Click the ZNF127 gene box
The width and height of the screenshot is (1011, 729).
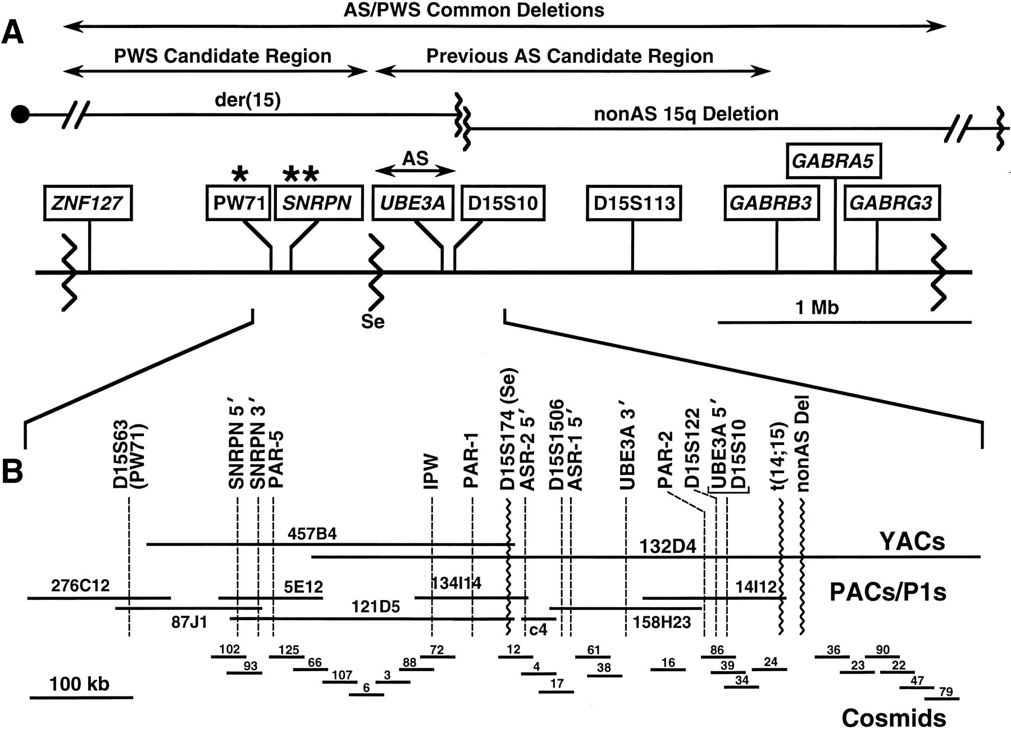tap(88, 203)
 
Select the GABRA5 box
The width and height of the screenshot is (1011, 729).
tap(833, 162)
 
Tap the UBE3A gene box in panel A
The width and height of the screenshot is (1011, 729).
tap(413, 203)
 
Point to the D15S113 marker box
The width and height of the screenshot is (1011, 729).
tap(634, 203)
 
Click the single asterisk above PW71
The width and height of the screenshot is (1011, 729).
tap(240, 173)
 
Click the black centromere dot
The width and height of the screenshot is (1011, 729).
tap(20, 114)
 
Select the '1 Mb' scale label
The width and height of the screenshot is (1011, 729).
tap(817, 307)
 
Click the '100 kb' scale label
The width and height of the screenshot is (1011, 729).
tap(79, 684)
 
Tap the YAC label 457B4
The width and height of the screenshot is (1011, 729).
tap(312, 533)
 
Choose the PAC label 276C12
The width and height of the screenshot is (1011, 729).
tap(80, 585)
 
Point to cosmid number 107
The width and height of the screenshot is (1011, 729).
tap(342, 674)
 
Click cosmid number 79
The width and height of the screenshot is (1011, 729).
tap(946, 691)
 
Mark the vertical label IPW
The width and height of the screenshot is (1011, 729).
tap(431, 473)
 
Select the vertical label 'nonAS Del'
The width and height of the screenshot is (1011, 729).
tap(803, 444)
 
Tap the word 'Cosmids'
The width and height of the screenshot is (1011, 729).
tap(894, 718)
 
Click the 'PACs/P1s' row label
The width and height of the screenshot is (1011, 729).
tap(887, 592)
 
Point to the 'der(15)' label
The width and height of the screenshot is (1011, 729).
tap(248, 100)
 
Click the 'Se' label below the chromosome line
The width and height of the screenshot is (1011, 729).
tap(373, 322)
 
